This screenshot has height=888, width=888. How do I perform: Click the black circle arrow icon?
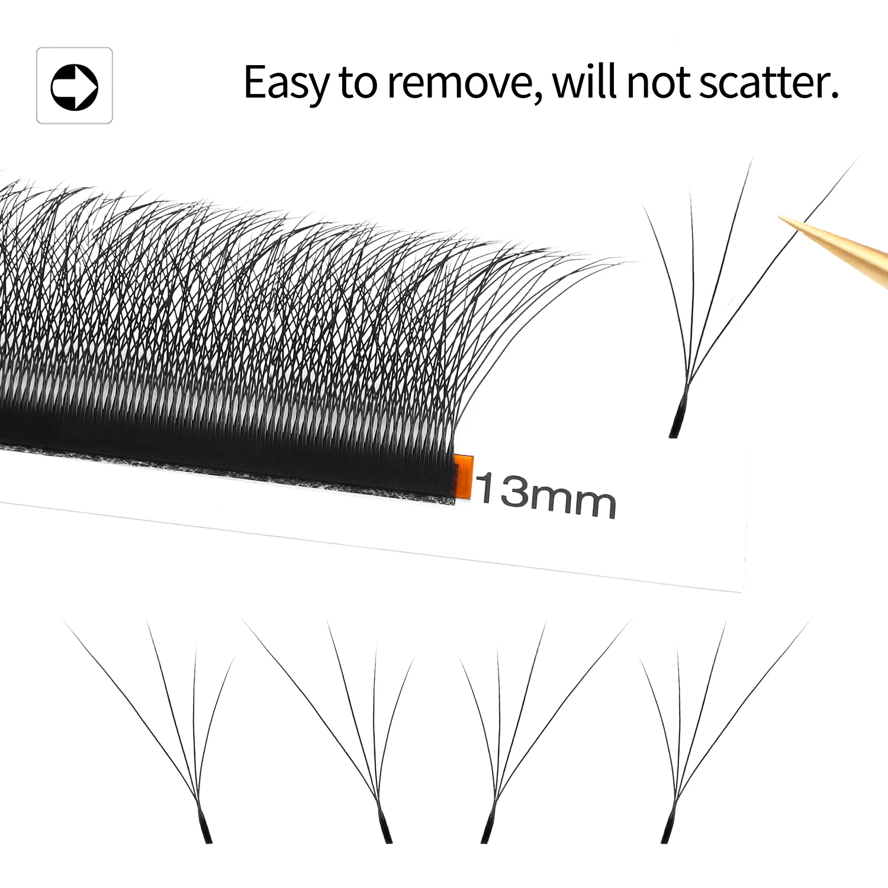75,86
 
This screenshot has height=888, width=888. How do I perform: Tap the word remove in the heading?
459,83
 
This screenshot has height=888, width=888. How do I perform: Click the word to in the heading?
358,83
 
